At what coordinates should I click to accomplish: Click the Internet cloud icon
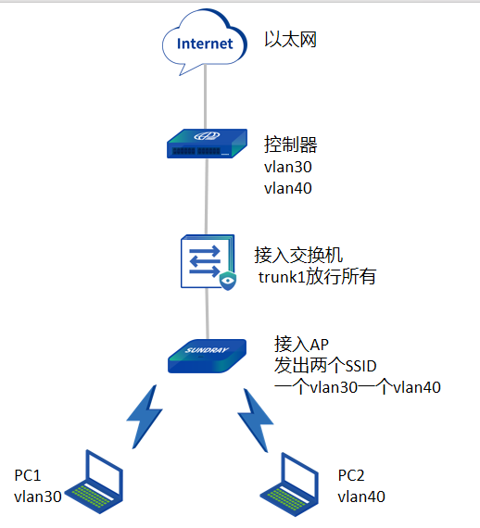[205, 43]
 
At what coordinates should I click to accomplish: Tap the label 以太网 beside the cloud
[290, 40]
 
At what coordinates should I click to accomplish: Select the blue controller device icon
[207, 144]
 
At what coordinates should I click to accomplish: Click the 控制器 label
[290, 145]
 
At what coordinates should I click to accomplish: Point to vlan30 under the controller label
[288, 167]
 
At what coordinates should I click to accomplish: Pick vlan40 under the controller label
[288, 188]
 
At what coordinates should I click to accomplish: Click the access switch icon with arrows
[208, 261]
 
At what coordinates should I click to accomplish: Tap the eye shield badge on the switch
[228, 280]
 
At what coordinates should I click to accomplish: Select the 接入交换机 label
[298, 255]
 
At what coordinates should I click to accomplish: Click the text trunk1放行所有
[317, 277]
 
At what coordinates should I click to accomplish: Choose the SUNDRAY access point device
[208, 356]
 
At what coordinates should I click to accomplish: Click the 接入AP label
[301, 345]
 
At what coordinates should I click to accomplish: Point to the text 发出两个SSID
[325, 366]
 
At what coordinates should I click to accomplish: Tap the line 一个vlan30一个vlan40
[358, 387]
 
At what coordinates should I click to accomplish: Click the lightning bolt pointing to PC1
[145, 417]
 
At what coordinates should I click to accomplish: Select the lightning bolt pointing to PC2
[256, 421]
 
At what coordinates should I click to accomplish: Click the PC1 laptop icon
[94, 482]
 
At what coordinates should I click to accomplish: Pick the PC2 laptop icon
[290, 484]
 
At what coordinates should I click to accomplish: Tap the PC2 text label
[351, 475]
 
